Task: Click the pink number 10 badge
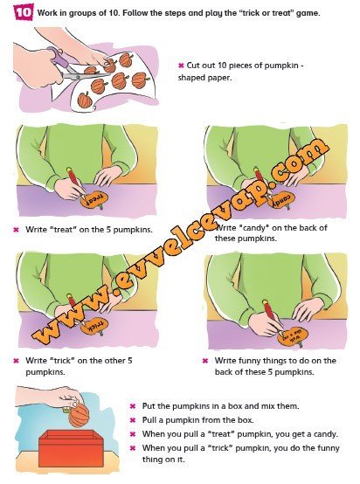point(24,12)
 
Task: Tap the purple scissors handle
point(59,58)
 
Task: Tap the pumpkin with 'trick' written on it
point(94,326)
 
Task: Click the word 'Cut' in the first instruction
point(193,66)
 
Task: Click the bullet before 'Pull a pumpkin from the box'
point(133,420)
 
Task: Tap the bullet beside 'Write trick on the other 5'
point(17,361)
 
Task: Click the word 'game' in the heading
point(308,13)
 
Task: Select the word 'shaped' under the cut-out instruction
point(190,78)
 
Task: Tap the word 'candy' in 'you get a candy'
point(325,434)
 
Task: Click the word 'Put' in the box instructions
point(148,406)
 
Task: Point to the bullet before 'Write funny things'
point(205,361)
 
